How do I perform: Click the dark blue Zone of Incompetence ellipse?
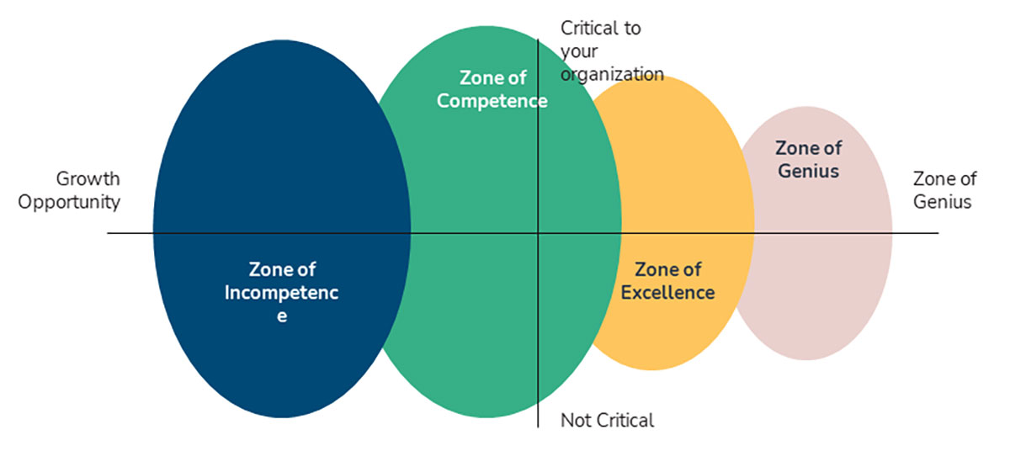pyautogui.click(x=252, y=168)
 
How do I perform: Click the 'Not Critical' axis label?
pyautogui.click(x=607, y=420)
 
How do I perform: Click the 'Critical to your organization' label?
pyautogui.click(x=612, y=51)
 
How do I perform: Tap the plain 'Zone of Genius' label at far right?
pyautogui.click(x=944, y=190)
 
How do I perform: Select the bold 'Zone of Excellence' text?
pyautogui.click(x=667, y=281)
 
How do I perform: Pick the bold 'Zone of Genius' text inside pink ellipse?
pyautogui.click(x=808, y=159)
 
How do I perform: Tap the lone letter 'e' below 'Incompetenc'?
pyautogui.click(x=282, y=316)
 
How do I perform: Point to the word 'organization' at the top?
pyautogui.click(x=612, y=74)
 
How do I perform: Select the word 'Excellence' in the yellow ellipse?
pyautogui.click(x=667, y=293)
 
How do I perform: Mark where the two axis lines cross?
pyautogui.click(x=538, y=233)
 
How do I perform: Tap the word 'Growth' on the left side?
pyautogui.click(x=88, y=178)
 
